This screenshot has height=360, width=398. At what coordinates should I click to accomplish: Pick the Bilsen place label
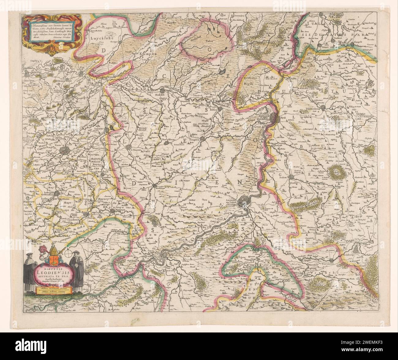tap(213, 109)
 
